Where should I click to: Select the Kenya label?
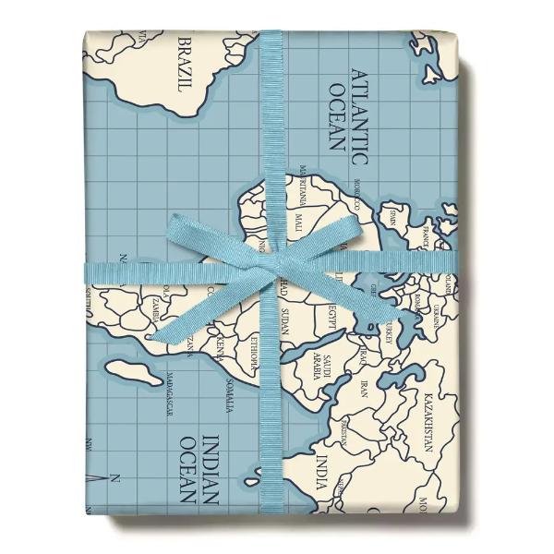(x=220, y=348)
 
